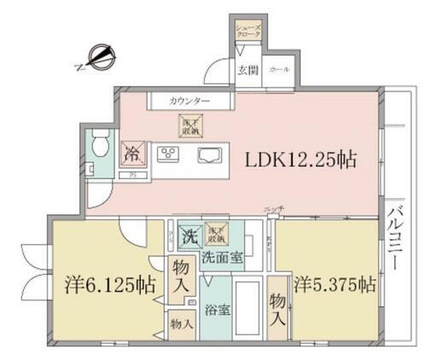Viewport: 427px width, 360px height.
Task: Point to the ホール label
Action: tap(278, 70)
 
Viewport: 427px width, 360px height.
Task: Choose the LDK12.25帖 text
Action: tap(301, 160)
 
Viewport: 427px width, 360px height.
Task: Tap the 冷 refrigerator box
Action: tap(132, 154)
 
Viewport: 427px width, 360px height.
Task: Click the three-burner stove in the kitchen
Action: tap(167, 154)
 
